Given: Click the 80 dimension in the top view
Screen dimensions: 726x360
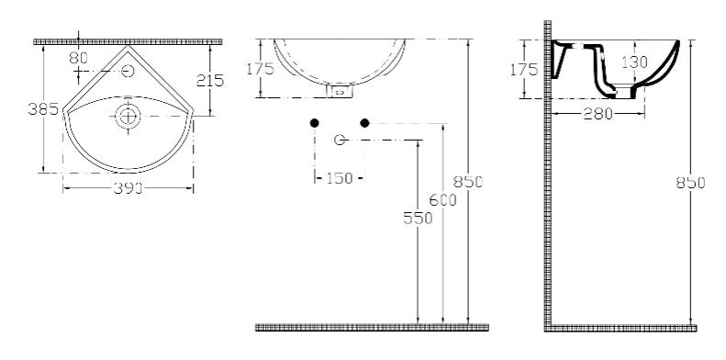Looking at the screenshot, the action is pos(78,58).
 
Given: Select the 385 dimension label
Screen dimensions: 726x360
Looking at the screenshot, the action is pos(42,109).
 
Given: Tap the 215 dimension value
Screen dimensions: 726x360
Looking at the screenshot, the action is pos(210,81).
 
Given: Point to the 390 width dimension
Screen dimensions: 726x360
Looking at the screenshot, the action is pos(128,188).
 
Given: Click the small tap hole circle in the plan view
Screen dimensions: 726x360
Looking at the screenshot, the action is pos(128,71).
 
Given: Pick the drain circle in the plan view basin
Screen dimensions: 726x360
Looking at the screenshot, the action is pos(128,116).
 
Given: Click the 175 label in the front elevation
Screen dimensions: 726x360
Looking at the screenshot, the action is pos(261,69).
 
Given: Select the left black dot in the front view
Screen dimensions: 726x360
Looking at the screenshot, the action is pos(315,123).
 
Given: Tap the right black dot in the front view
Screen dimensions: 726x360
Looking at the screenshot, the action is pos(365,123).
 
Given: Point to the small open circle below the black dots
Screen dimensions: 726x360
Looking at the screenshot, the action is pos(340,140).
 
